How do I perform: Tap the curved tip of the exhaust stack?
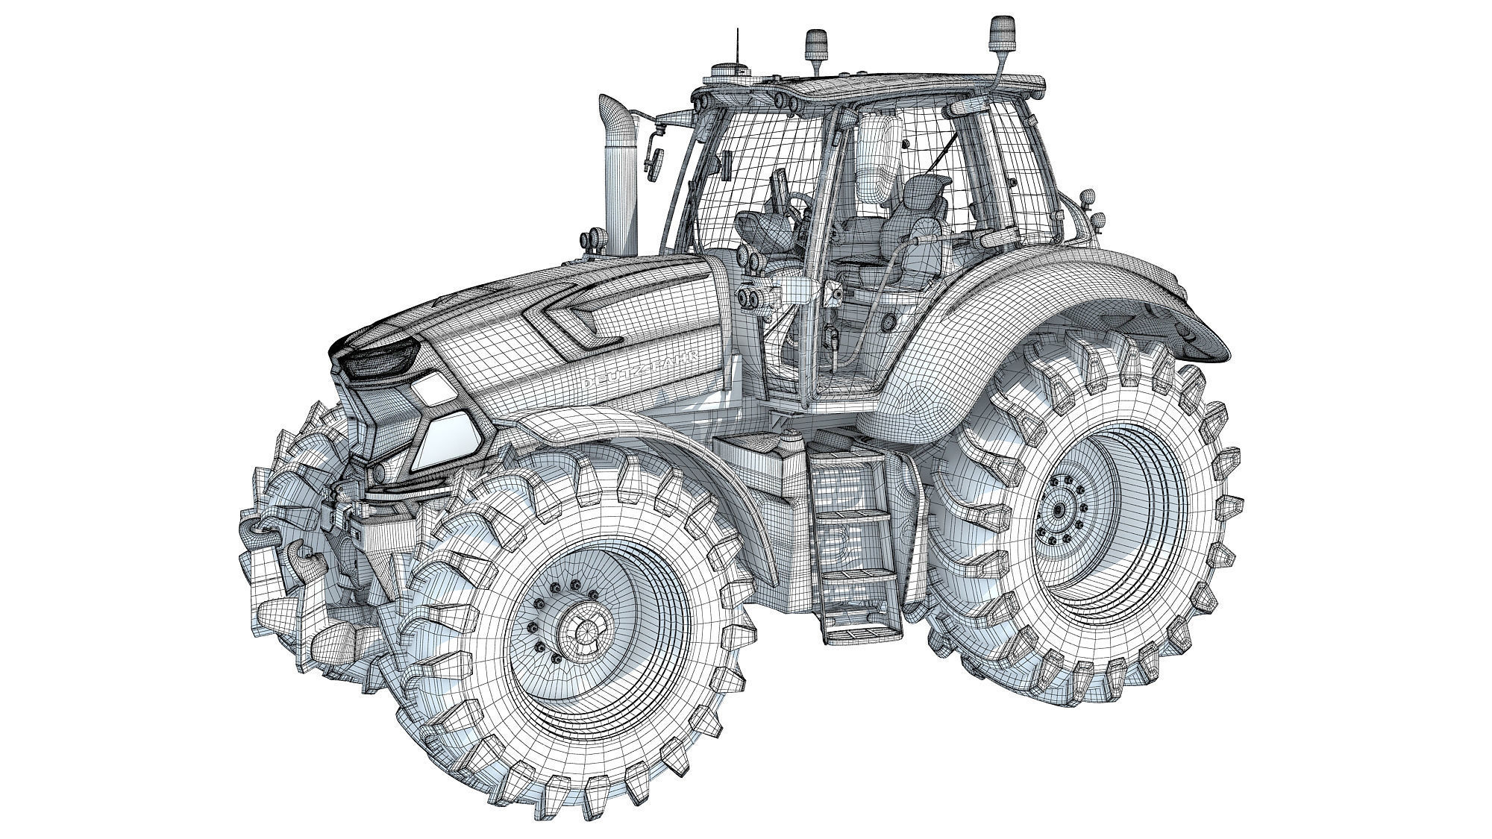pyautogui.click(x=615, y=109)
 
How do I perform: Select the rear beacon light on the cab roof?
pyautogui.click(x=998, y=33)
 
